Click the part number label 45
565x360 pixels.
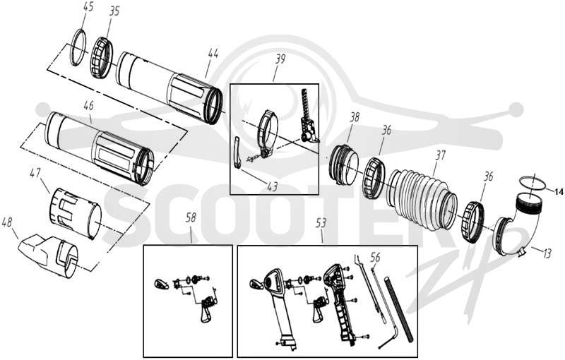[x=88, y=7]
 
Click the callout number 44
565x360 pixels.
[x=213, y=54]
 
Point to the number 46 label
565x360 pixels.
[x=88, y=106]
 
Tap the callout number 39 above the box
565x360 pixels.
[x=280, y=59]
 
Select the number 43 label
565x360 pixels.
[x=273, y=186]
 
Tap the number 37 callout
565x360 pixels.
[x=440, y=156]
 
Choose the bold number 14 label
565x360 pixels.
[x=559, y=193]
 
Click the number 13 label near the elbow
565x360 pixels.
[x=547, y=254]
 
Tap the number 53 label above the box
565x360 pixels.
[x=321, y=223]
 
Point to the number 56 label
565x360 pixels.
[x=375, y=257]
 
